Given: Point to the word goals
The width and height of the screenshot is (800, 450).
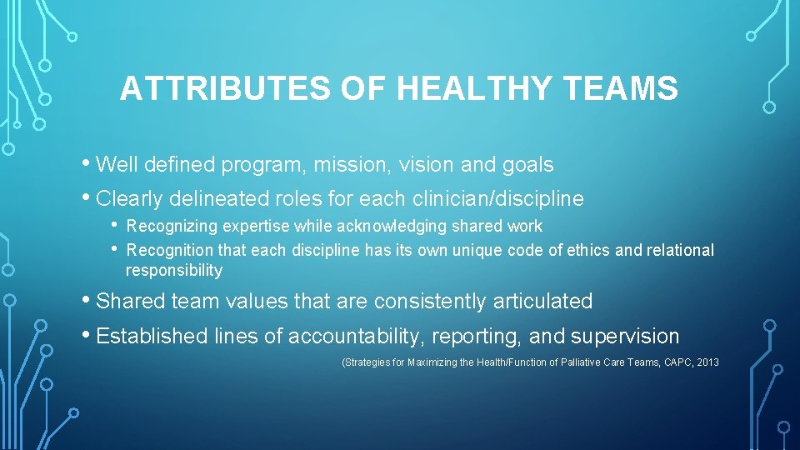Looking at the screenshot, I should (527, 165).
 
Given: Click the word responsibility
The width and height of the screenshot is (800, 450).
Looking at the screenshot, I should (174, 271).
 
